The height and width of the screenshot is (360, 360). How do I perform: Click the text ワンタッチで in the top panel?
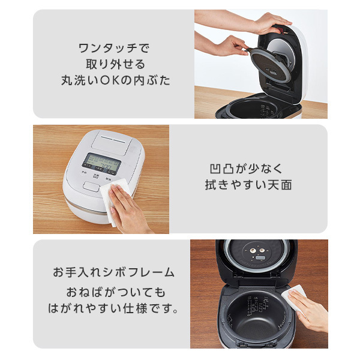tap(113, 47)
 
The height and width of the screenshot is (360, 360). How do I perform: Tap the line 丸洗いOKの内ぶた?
tap(113, 80)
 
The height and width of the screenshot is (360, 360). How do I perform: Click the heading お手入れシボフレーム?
tap(113, 272)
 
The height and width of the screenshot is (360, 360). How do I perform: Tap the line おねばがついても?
tap(113, 293)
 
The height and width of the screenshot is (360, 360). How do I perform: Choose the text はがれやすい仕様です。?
tap(113, 310)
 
